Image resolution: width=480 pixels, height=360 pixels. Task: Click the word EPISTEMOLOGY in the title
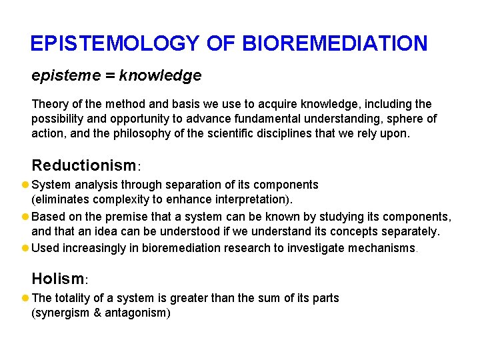tap(115, 44)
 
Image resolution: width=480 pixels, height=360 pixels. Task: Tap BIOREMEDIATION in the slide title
tap(335, 44)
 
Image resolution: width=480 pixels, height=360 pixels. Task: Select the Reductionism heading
tap(83, 165)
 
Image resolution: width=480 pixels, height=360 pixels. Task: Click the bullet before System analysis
tap(25, 185)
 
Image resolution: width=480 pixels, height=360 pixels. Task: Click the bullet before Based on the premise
tap(25, 217)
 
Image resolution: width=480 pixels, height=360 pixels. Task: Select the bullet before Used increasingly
tap(25, 248)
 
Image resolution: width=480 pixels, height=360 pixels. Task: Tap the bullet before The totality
tap(25, 298)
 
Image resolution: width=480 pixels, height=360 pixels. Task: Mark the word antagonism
tap(135, 312)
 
